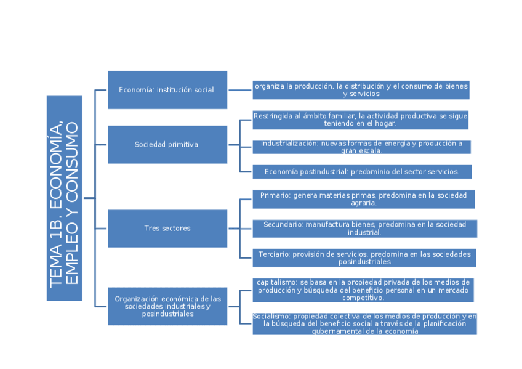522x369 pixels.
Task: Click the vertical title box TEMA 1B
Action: [64, 198]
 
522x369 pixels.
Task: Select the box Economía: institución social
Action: [167, 90]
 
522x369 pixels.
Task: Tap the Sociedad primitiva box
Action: [167, 145]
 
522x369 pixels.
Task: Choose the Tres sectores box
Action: [167, 229]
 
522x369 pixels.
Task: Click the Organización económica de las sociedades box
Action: [167, 306]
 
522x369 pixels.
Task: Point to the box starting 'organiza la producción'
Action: [361, 90]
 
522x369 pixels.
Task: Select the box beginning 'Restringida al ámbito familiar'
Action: [360, 120]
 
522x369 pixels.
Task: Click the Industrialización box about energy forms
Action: [361, 147]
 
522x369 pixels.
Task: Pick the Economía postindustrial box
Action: [361, 172]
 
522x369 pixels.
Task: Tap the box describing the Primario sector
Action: [363, 199]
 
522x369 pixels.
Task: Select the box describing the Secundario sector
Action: [364, 229]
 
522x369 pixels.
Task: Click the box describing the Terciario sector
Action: [364, 258]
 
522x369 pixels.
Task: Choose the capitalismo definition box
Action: [363, 290]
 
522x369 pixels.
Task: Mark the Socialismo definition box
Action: [364, 323]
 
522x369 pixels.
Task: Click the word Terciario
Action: [274, 254]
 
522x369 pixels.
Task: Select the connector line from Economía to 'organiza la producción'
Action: [239, 90]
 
